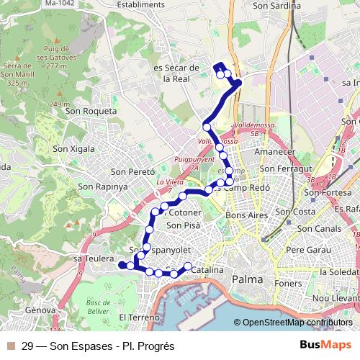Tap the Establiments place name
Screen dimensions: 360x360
(156, 4)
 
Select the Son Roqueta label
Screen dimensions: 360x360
(91, 111)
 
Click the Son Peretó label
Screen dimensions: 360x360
(132, 172)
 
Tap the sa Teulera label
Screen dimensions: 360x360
(94, 258)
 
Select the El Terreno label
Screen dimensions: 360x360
(143, 317)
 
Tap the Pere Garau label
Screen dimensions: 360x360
(306, 250)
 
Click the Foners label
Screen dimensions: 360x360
(287, 283)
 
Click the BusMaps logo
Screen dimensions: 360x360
(325, 346)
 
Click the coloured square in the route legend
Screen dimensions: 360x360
(10, 346)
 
